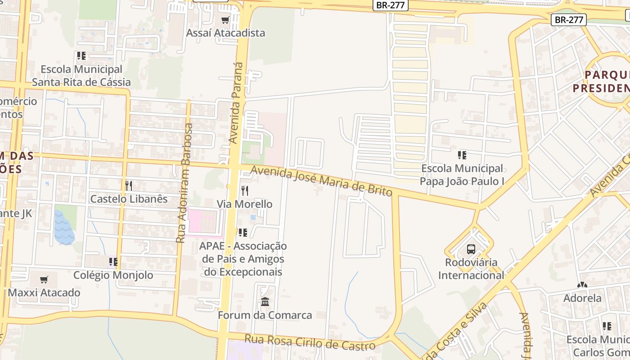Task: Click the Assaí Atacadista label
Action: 225,33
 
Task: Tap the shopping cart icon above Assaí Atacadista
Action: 225,20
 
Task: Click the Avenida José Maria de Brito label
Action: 321,181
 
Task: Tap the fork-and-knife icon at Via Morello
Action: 244,191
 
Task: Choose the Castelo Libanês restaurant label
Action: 129,199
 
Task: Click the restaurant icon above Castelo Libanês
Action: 129,185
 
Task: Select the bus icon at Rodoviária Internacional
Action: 471,249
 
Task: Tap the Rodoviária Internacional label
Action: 471,269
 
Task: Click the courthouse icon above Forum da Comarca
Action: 265,301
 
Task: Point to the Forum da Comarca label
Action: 265,315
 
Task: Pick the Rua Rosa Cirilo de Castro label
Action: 310,342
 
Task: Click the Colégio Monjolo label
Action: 113,275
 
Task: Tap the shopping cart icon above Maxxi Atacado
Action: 44,279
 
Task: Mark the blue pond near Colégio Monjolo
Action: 64,228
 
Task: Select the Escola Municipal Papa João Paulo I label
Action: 462,175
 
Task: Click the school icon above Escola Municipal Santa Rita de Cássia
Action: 81,56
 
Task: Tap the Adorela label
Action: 582,298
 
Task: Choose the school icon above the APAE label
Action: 243,233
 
